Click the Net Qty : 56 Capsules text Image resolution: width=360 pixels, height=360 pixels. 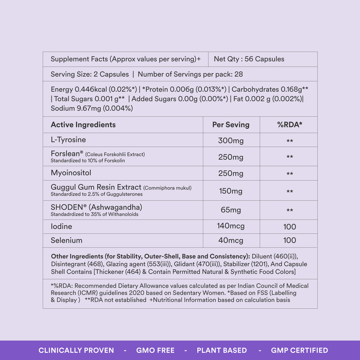(249, 59)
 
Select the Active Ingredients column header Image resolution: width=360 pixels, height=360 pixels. (83, 125)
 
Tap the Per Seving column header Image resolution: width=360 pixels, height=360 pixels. (231, 125)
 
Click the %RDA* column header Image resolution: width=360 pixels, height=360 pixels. (289, 125)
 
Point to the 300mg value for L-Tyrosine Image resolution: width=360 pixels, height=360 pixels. (231, 141)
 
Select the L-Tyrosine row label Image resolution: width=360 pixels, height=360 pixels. (68, 140)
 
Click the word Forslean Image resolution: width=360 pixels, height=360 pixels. (65, 154)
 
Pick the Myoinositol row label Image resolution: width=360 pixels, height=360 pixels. (71, 173)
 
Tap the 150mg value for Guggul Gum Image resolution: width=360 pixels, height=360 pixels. (231, 191)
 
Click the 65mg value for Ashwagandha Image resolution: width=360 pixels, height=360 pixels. (231, 210)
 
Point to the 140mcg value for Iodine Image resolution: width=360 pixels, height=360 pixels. (231, 226)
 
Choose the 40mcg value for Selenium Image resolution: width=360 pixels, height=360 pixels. (231, 240)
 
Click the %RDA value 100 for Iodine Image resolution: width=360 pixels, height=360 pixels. (289, 227)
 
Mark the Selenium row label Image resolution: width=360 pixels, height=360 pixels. (66, 240)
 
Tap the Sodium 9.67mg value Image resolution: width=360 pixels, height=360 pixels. (92, 108)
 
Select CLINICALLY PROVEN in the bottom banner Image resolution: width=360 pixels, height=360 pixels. (76, 350)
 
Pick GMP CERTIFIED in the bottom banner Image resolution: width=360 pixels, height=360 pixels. (299, 350)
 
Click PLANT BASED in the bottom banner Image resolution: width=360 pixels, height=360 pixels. (222, 350)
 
